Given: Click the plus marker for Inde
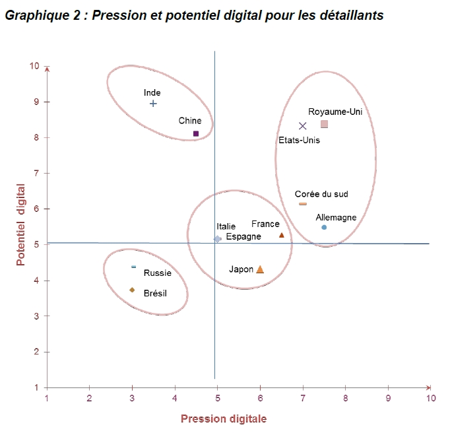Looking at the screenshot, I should coord(153,103).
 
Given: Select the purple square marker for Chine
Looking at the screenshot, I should coord(196,133).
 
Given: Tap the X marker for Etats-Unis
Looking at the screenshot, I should coord(303,126).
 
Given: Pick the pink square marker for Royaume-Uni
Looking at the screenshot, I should coord(325,124).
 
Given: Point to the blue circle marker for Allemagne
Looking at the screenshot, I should coord(324,227).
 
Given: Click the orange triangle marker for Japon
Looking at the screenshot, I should coord(260,269).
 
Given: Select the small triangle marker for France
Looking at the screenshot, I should coord(282,235).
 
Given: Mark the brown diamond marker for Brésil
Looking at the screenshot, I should coord(132,290).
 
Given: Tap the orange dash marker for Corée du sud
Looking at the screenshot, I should coord(303,204).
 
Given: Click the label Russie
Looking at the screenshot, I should coord(158,273).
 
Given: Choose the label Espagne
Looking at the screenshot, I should coord(243,236).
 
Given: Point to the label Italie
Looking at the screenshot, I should coord(226,226).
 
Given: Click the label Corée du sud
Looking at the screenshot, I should coord(321,194).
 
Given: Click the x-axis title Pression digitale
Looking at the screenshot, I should coord(224,418).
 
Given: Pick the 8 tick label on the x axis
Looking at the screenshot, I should coord(345,398).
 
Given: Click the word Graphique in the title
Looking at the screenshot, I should coord(33,15).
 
